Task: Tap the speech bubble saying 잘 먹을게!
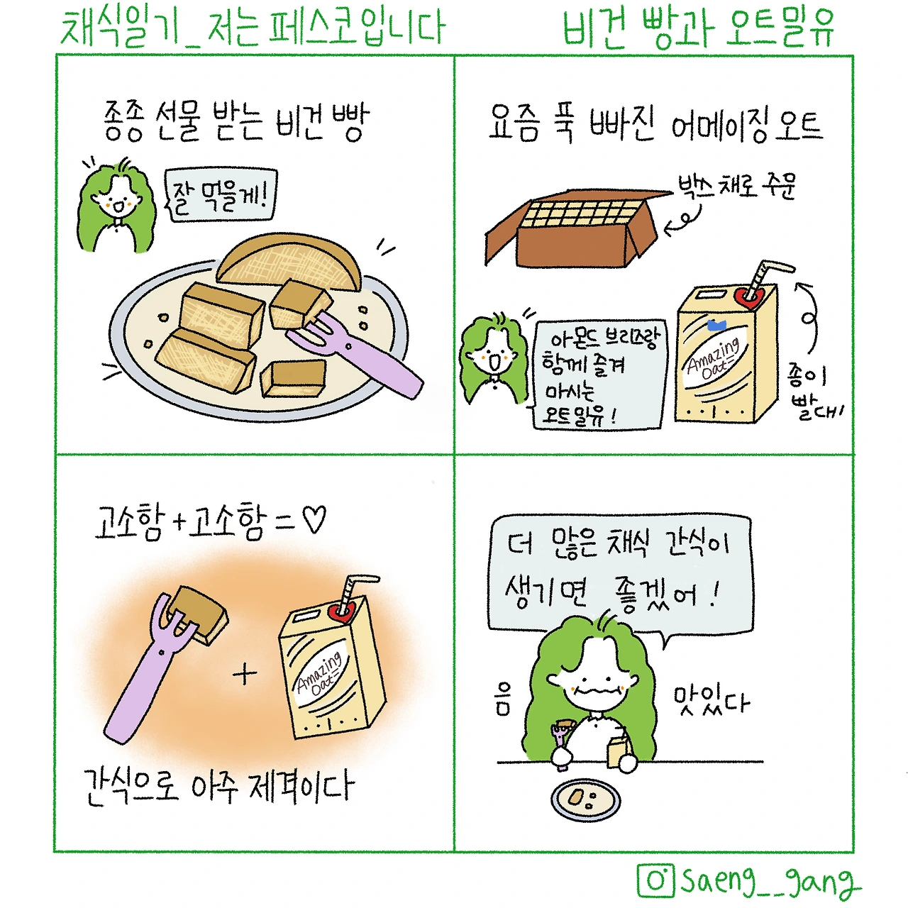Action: pyautogui.click(x=220, y=196)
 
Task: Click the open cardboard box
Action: pyautogui.click(x=578, y=228)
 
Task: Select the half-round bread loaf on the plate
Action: pyautogui.click(x=289, y=263)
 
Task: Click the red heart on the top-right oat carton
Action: pyautogui.click(x=748, y=297)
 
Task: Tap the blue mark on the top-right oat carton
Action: pyautogui.click(x=717, y=325)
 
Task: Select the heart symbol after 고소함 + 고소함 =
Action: pyautogui.click(x=314, y=519)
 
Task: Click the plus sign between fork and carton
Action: pyautogui.click(x=245, y=675)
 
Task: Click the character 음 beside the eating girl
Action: pyautogui.click(x=503, y=699)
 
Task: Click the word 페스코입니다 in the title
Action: pyautogui.click(x=357, y=28)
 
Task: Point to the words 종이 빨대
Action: pyautogui.click(x=814, y=392)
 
